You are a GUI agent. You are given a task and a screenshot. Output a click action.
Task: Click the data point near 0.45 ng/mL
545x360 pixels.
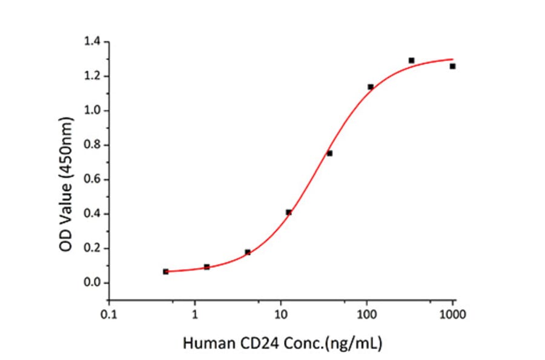pos(166,272)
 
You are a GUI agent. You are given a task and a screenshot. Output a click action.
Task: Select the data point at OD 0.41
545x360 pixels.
pos(289,212)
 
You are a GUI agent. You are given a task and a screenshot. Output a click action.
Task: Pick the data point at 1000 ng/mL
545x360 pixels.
pos(452,66)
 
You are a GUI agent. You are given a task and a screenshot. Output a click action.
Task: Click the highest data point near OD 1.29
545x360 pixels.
pos(412,61)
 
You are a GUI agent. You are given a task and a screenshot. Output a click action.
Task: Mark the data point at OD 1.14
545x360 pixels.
pos(371,87)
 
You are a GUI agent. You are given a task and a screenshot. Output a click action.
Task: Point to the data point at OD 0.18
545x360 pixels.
pos(248,252)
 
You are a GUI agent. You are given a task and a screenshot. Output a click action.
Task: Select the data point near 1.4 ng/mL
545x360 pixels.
pos(206,267)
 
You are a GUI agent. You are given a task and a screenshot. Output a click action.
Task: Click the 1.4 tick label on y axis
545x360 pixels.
pos(94,42)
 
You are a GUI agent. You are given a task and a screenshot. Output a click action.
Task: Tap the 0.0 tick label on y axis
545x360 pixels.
pos(94,283)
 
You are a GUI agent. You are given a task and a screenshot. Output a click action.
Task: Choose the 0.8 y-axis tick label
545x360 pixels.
pos(94,145)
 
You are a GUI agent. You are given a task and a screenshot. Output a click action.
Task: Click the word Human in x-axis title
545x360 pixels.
pos(202,344)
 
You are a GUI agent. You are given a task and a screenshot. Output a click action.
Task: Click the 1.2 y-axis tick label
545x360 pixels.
pos(94,76)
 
